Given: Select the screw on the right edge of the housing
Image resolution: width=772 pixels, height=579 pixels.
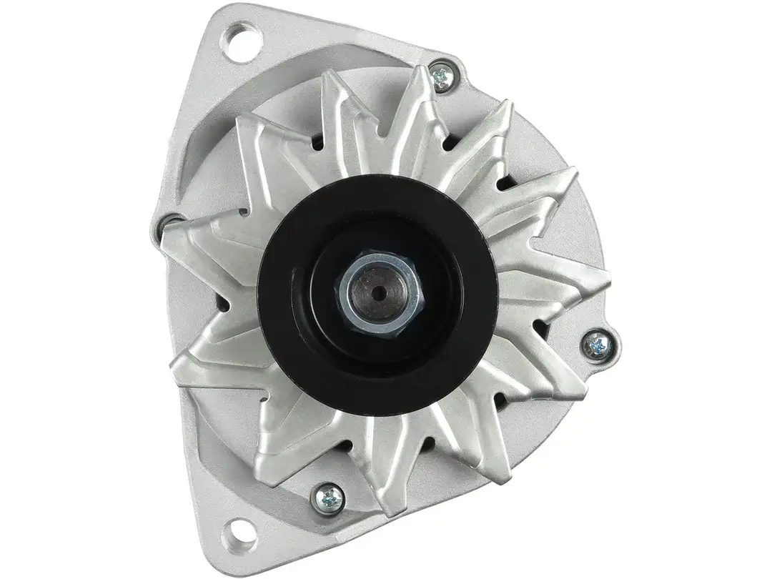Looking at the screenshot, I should [x=598, y=345].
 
